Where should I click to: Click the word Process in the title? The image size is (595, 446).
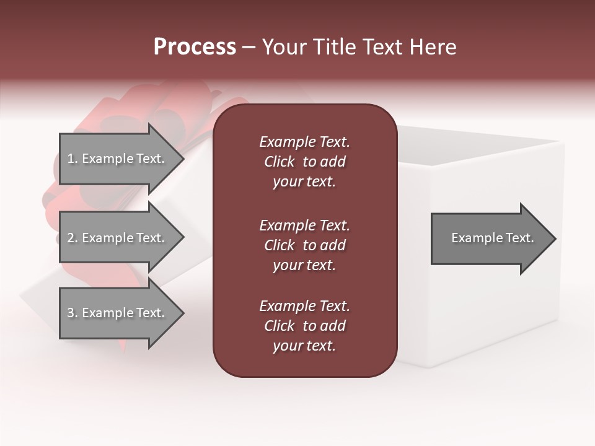coord(195,47)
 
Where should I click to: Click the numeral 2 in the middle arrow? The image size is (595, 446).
coord(71,238)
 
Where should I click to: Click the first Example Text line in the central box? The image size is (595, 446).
coord(304,142)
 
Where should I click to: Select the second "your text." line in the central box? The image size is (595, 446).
coord(304,265)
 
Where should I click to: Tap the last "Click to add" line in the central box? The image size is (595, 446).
coord(304,326)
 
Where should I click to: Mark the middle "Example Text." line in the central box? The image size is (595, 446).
coord(304,225)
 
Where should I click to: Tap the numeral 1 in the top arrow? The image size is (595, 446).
coord(71,159)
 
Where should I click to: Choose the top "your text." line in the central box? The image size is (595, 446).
coord(304,182)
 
